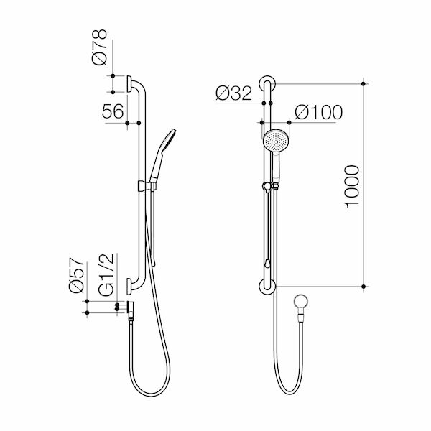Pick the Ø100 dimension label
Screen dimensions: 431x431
coord(318,112)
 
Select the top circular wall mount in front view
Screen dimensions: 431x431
coord(268,83)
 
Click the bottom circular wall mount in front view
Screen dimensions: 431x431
coord(267,287)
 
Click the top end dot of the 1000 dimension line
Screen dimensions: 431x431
coord(365,83)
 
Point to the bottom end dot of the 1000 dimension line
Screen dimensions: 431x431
coord(365,287)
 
